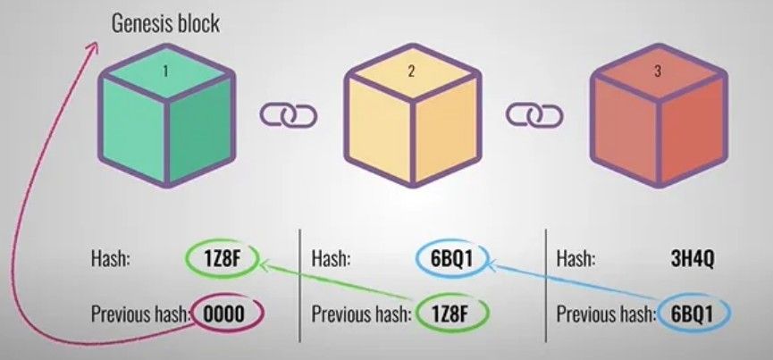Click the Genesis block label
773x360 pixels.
tap(165, 24)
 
